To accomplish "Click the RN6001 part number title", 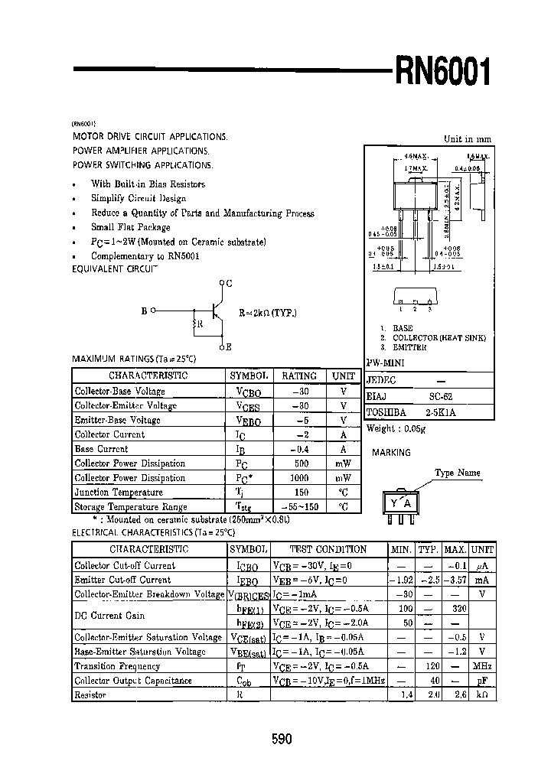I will (442, 74).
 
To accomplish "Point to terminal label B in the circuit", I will (144, 311).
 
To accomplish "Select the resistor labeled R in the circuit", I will (195, 324).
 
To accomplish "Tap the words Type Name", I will (458, 473).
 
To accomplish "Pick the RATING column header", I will (299, 376).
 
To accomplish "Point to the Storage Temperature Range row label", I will (131, 507).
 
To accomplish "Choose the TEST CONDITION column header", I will (328, 549).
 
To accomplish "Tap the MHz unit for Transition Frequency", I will (482, 666).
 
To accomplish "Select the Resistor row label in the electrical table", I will (90, 695).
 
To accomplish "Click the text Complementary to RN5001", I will (145, 256).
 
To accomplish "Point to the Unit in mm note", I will (468, 139).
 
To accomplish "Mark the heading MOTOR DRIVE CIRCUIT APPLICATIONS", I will (150, 136).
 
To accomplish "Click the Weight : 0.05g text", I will (396, 429).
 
